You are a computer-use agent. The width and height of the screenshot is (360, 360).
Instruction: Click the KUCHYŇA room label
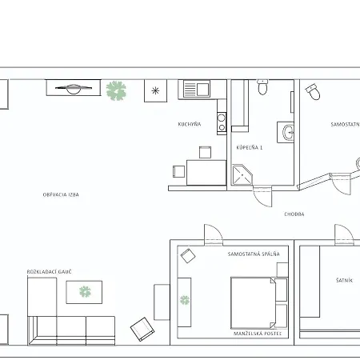pos(190,124)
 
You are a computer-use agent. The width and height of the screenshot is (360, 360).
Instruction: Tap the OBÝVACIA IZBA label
pos(61,194)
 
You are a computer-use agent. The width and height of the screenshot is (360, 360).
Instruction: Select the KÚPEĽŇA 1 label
pos(250,147)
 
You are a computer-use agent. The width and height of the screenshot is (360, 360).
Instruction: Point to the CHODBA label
pos(294,214)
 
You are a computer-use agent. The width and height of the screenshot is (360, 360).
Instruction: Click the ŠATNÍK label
pos(344,280)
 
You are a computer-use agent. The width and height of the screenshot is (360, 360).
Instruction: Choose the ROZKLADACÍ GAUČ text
pos(50,272)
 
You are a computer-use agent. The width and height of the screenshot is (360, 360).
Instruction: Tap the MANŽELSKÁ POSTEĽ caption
pos(258,334)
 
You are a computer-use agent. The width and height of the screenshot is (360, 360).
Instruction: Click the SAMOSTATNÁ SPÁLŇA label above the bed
pos(254,254)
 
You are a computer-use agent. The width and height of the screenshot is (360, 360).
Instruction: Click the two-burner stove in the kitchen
pos(222,122)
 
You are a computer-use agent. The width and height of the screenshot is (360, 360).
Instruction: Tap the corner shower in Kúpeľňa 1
pos(242,174)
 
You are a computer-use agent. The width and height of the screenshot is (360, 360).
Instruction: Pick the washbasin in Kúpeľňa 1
pos(288,132)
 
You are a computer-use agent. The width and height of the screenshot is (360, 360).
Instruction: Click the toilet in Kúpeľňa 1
pos(262,87)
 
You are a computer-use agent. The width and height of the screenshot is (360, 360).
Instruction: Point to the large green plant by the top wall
pos(116,90)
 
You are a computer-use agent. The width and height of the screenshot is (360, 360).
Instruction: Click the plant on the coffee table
pos(85,292)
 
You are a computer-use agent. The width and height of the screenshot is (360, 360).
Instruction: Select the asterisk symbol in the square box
pos(155,90)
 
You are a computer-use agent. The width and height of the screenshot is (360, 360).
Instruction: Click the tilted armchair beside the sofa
pos(142,330)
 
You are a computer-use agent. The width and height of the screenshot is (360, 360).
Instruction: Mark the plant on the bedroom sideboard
pos(185,300)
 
